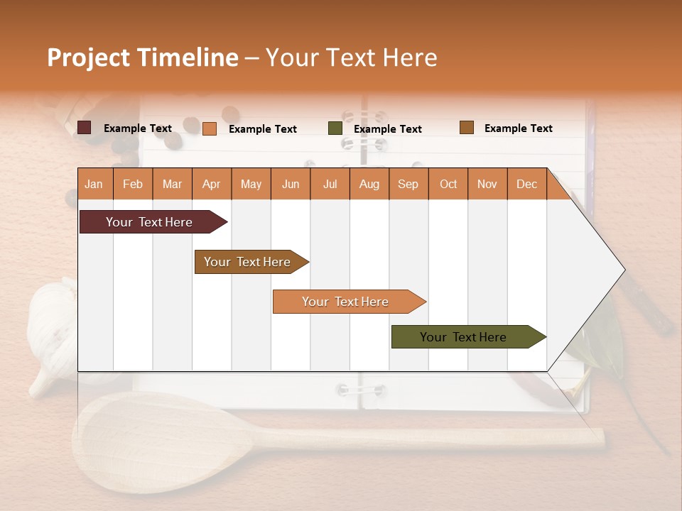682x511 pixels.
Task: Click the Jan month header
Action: [x=94, y=185]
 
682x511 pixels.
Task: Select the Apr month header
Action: [x=212, y=185]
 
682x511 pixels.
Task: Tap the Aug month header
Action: [x=369, y=185]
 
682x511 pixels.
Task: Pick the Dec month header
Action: [x=526, y=185]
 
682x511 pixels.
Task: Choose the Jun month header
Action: [x=291, y=185]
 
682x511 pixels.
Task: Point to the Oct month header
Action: [x=448, y=185]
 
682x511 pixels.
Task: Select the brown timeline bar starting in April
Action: [x=249, y=262]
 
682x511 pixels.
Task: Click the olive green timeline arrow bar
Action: [x=465, y=337]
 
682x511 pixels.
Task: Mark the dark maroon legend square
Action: [x=85, y=128]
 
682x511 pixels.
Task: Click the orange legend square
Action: [x=210, y=128]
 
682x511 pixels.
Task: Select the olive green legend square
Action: [x=335, y=128]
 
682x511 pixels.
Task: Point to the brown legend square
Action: [x=466, y=128]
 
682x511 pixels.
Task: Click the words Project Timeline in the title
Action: [x=142, y=57]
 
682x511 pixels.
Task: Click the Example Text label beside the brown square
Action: [x=518, y=128]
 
